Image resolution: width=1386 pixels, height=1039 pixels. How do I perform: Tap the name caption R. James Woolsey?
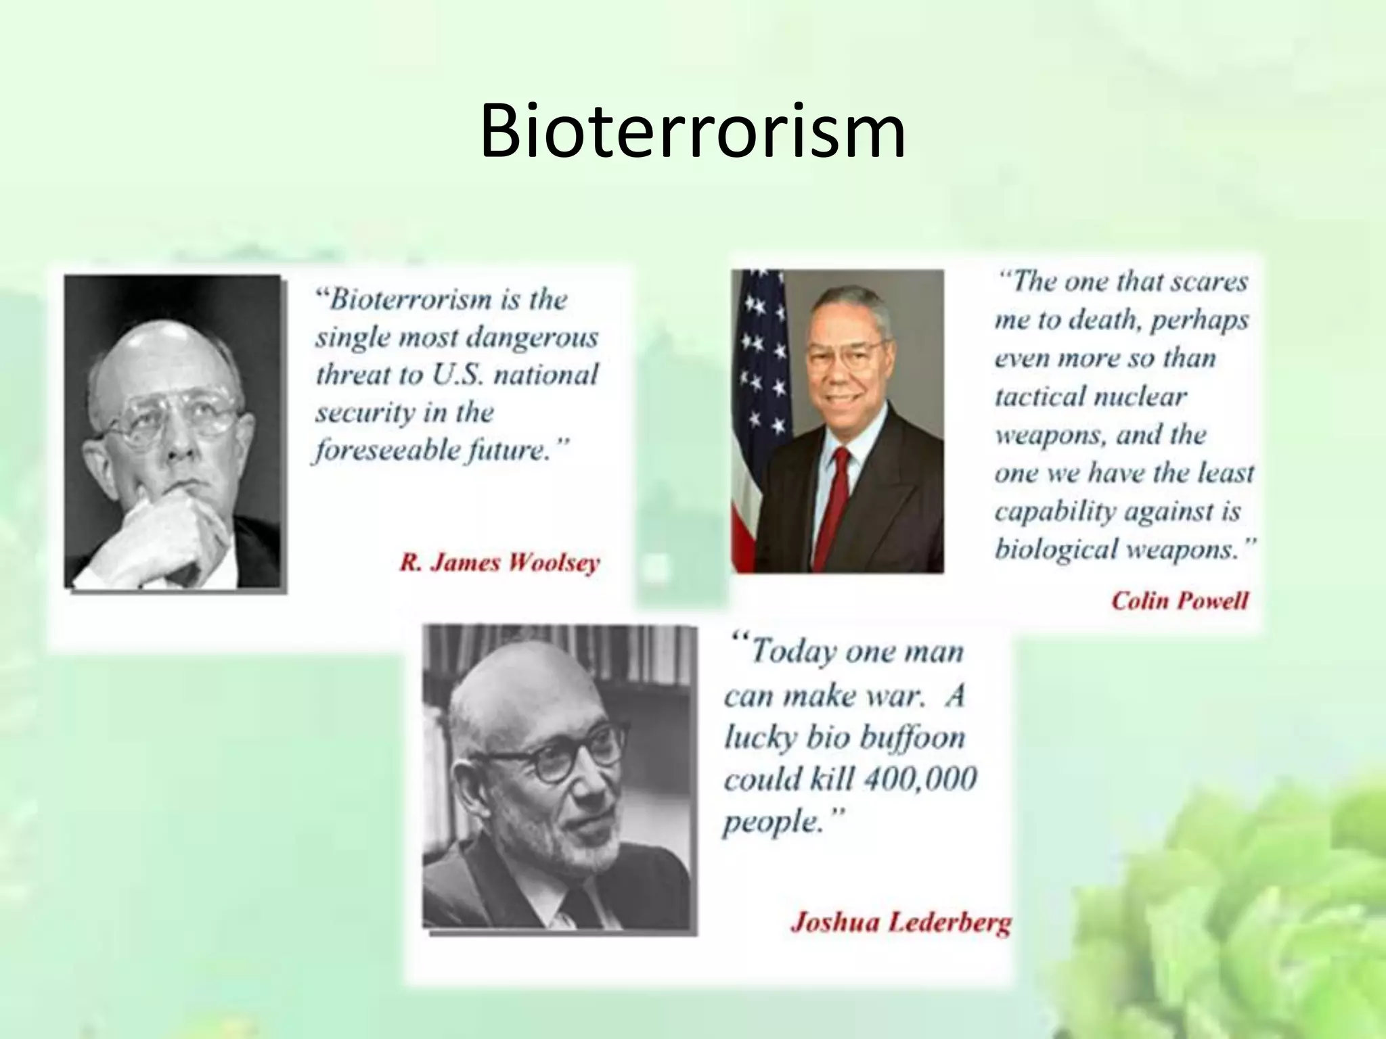point(499,563)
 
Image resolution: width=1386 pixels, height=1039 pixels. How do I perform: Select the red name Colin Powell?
point(1179,601)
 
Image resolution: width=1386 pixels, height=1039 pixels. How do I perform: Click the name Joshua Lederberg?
point(900,923)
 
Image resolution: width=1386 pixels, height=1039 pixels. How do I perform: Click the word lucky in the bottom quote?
point(759,737)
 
